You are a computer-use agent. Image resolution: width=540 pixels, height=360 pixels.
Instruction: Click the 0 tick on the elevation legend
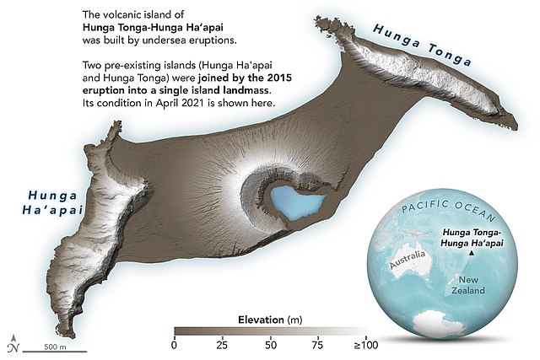tap(174, 345)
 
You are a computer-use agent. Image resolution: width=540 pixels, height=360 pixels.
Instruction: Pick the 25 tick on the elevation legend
tap(223, 345)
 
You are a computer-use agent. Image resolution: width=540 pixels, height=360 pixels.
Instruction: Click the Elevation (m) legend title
tap(270, 318)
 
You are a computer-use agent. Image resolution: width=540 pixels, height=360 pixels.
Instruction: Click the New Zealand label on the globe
tap(470, 284)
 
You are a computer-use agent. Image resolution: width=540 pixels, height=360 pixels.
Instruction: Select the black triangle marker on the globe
tap(469, 251)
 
